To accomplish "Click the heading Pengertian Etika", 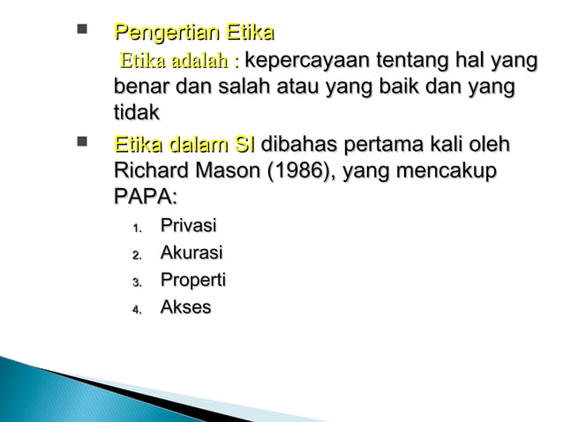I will [193, 34].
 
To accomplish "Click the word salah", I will [236, 88].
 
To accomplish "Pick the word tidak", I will [137, 114].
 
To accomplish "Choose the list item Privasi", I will [188, 227].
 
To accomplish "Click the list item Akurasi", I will [190, 254].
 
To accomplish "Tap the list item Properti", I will [192, 281].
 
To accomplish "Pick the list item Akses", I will [184, 308].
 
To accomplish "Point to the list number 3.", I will [137, 283].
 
